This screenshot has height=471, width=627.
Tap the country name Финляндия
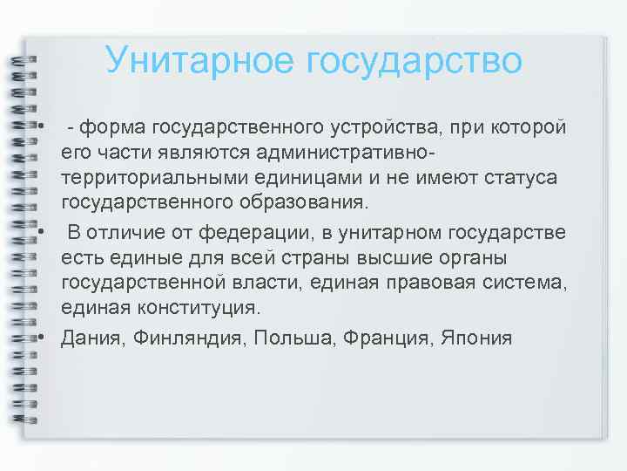point(188,338)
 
